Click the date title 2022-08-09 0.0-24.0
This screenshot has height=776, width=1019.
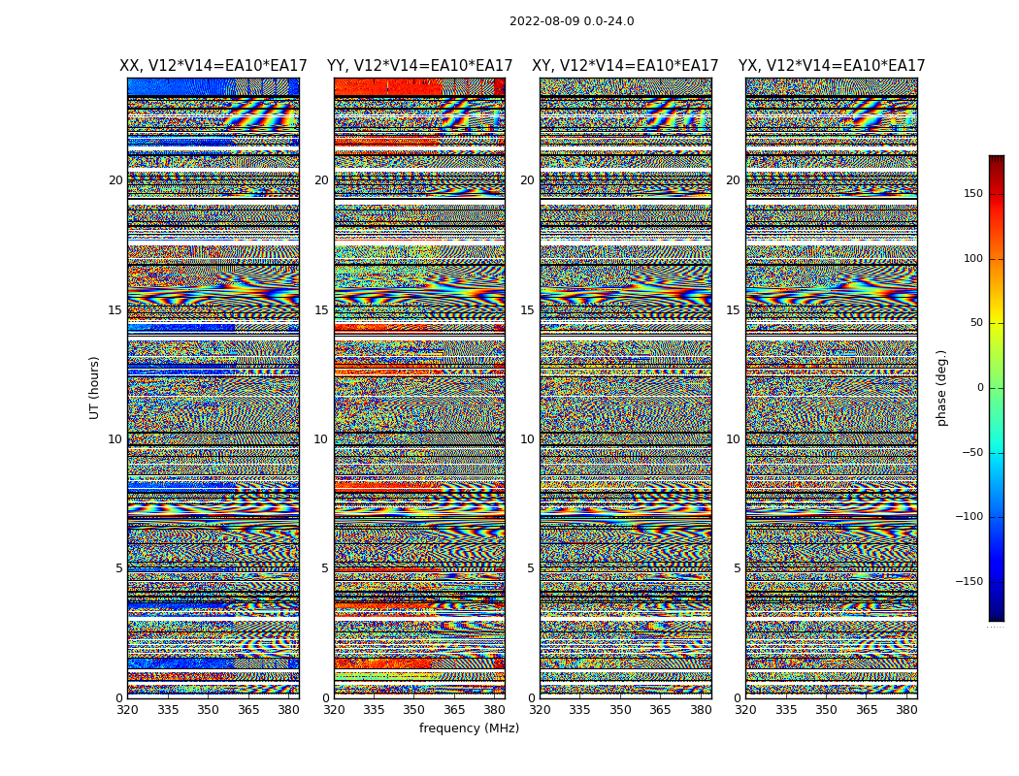click(572, 21)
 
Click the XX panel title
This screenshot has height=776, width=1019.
click(213, 66)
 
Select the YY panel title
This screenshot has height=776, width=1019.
click(419, 66)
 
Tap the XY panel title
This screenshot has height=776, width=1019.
click(625, 66)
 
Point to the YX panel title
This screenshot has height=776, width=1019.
click(832, 66)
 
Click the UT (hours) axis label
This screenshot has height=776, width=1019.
click(94, 387)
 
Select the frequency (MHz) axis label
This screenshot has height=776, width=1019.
click(469, 728)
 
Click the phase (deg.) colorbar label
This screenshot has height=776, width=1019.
click(941, 387)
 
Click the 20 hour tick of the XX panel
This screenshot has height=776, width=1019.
click(115, 180)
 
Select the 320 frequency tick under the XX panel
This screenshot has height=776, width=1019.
click(127, 711)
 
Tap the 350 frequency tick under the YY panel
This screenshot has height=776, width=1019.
click(414, 711)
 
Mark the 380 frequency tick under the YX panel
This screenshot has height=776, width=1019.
click(906, 711)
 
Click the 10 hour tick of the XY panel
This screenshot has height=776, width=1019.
click(527, 439)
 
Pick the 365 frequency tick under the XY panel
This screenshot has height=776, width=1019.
click(660, 711)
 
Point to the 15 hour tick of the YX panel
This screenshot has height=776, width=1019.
click(733, 310)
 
